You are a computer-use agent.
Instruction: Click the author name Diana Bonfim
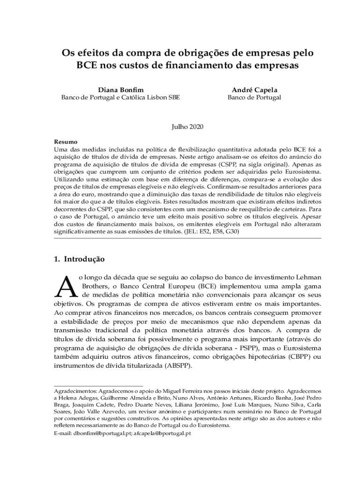(x=121, y=89)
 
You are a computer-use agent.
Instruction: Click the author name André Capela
(x=254, y=89)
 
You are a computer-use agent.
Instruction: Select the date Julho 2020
(x=187, y=127)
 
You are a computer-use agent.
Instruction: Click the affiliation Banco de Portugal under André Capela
(x=254, y=98)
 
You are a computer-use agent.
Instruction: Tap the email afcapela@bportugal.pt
(x=163, y=434)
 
